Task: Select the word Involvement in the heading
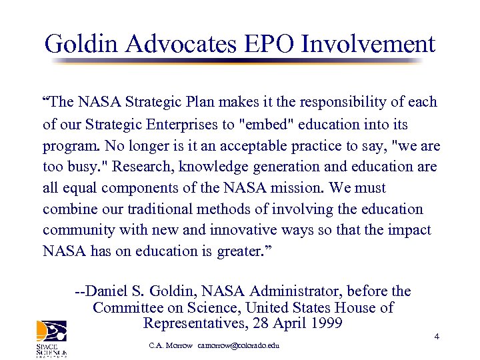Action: tap(368, 44)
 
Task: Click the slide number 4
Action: tap(436, 336)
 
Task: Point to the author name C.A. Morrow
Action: tap(171, 346)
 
